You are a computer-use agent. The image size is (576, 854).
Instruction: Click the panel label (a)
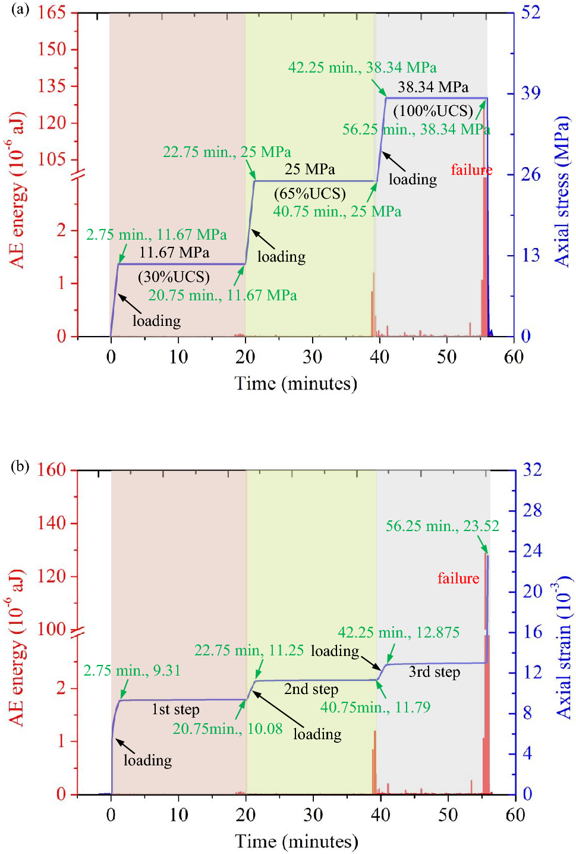point(20,10)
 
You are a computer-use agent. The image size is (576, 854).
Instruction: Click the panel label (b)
point(20,466)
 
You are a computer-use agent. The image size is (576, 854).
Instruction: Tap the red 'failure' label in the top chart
point(471,170)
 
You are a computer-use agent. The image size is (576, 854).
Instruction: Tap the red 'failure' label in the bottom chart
point(458,578)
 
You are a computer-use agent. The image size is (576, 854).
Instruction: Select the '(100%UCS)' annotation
point(433,111)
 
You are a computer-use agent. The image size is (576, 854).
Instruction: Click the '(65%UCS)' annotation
point(310,193)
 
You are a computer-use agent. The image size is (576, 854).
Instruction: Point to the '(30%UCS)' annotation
point(174,277)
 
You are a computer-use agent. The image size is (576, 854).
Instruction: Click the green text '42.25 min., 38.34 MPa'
point(362,68)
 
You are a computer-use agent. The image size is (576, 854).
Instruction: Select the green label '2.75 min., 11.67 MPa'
point(156,235)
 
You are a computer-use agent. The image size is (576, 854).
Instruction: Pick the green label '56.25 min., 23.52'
point(442,526)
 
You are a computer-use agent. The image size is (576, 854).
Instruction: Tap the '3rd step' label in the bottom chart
point(434,672)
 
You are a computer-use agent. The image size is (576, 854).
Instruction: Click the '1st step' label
point(175,709)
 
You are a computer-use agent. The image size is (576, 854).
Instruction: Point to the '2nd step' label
point(311,689)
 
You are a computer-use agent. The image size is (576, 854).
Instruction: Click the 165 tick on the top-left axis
point(52,12)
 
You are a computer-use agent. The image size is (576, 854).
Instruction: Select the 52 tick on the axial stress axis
point(530,12)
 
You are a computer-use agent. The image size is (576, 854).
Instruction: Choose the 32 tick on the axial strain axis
point(532,470)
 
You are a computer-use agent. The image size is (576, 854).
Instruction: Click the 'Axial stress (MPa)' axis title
point(562,191)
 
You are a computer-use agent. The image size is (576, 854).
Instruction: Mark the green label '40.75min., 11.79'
point(375,707)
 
